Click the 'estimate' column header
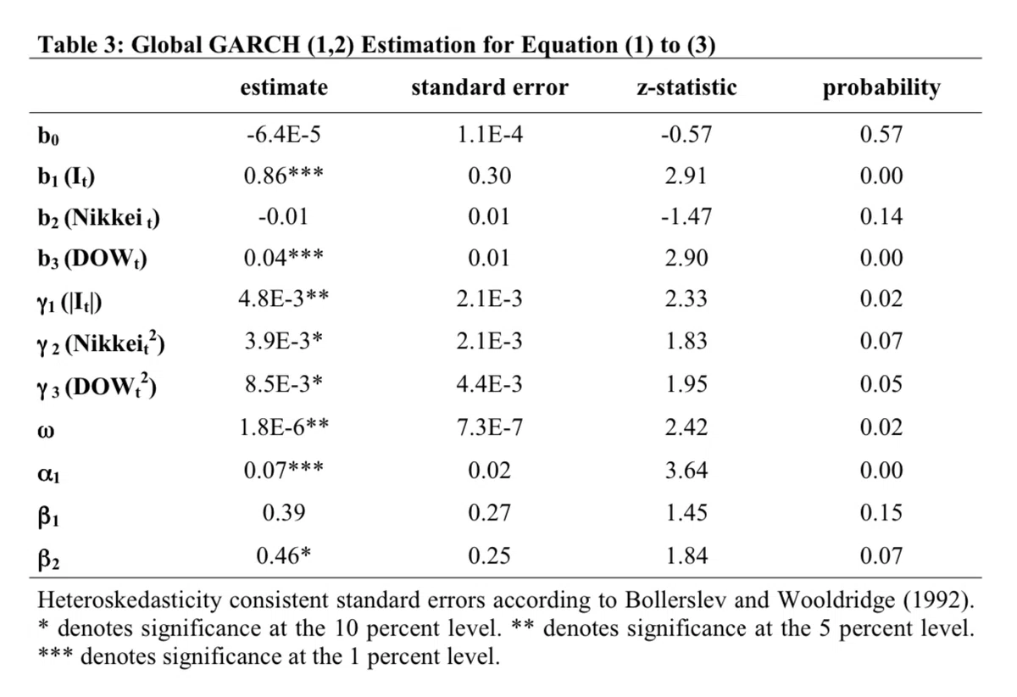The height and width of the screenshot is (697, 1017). click(x=284, y=86)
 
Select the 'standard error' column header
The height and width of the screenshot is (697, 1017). click(x=490, y=86)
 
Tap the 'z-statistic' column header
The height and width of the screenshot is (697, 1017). click(x=686, y=86)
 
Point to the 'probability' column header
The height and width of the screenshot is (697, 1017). click(x=881, y=88)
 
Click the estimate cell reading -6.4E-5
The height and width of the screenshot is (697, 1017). click(x=284, y=135)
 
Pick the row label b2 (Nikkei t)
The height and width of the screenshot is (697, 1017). click(x=98, y=219)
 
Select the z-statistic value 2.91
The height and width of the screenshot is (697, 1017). click(x=686, y=176)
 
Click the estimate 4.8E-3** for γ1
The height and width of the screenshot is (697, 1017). click(x=284, y=298)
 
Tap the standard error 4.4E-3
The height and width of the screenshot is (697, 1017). click(x=490, y=384)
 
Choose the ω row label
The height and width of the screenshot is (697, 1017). click(x=46, y=430)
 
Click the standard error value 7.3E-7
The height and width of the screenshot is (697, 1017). click(x=490, y=427)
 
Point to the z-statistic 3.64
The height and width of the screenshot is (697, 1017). click(x=686, y=470)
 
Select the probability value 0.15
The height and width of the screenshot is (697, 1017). click(x=881, y=512)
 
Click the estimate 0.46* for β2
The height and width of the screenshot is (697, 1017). click(x=284, y=555)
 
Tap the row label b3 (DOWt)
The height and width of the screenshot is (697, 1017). click(x=92, y=259)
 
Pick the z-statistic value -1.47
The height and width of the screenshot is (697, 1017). click(x=686, y=217)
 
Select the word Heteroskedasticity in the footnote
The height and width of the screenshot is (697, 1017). click(x=130, y=600)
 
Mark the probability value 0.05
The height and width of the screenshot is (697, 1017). click(x=881, y=384)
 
